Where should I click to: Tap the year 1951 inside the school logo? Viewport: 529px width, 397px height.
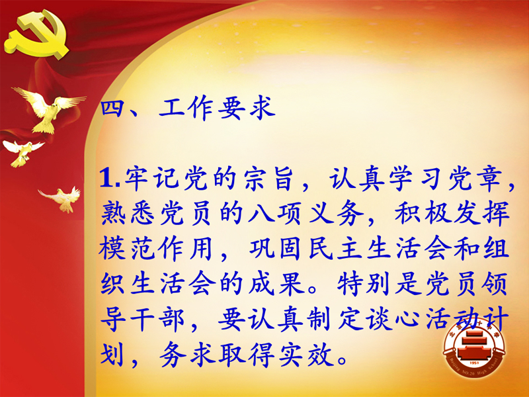(x=474, y=363)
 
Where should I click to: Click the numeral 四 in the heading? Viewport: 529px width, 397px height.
(x=111, y=108)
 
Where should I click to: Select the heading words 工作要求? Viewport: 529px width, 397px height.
(x=218, y=108)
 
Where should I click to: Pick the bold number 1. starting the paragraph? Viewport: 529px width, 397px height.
(x=110, y=178)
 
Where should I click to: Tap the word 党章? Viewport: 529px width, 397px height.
(x=475, y=178)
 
